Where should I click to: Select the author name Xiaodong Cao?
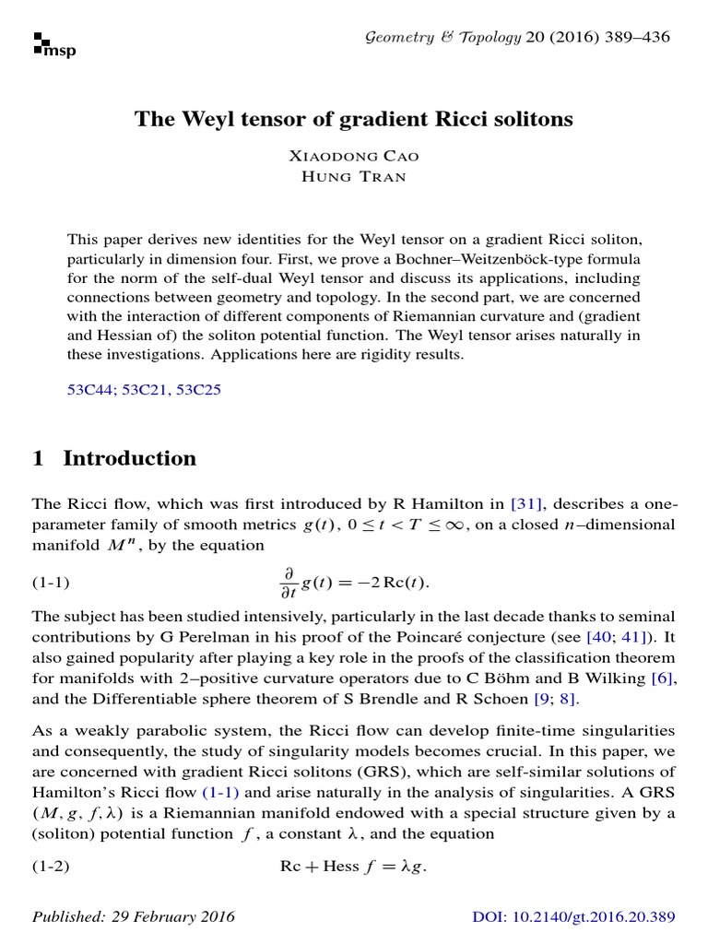pos(353,158)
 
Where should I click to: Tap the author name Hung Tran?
pos(353,177)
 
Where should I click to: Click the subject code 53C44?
pos(94,389)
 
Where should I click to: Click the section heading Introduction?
pos(129,458)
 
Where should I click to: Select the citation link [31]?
pos(528,502)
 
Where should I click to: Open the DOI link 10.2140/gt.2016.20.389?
pos(574,916)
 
